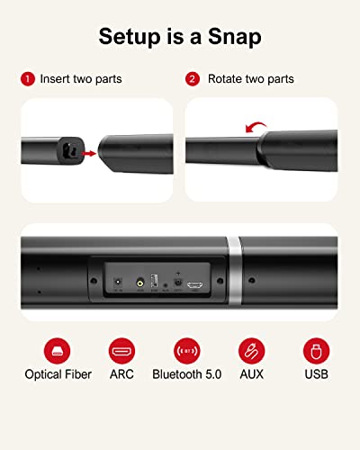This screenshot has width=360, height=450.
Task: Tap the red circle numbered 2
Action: [193, 78]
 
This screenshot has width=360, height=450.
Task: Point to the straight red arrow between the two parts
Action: [87, 154]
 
